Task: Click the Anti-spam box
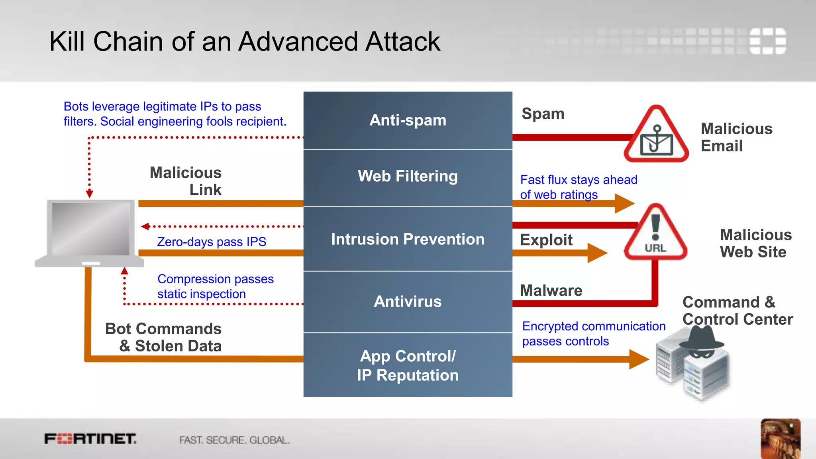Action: [408, 120]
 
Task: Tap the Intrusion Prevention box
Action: [408, 239]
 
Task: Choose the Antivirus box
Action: [408, 302]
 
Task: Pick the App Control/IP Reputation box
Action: [408, 365]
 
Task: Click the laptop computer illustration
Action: [90, 233]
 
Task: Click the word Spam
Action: [543, 114]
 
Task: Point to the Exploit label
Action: [546, 240]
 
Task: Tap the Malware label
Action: [551, 290]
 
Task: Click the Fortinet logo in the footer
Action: [90, 439]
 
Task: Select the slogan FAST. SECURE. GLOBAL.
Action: [234, 440]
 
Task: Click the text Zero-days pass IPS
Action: [212, 242]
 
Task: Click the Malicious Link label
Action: [186, 181]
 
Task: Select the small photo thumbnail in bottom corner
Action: [780, 438]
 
